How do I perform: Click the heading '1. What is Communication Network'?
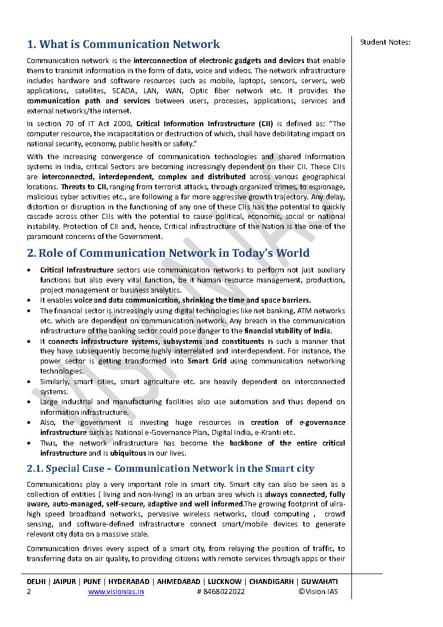(123, 45)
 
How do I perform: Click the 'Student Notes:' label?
(385, 42)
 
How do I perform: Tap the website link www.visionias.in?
(116, 592)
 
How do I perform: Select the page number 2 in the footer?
(29, 592)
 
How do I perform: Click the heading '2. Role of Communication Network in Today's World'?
(168, 253)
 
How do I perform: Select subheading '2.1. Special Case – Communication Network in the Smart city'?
(170, 469)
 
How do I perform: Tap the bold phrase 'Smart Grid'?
(207, 361)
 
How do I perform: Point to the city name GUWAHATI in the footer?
(321, 581)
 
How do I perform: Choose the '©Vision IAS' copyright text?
(318, 592)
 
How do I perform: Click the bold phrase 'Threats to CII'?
(84, 186)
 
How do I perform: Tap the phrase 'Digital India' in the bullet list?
(236, 433)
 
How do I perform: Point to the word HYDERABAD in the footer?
(129, 581)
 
